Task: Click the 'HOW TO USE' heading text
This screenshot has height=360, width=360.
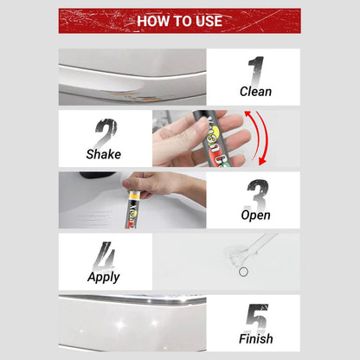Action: tap(179, 21)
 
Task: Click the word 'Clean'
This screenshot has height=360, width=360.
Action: tap(255, 92)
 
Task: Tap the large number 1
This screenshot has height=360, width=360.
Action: tap(256, 71)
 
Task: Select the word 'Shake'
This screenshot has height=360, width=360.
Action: tap(104, 154)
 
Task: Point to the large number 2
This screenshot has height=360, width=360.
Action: tap(106, 132)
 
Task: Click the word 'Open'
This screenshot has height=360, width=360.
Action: tap(255, 215)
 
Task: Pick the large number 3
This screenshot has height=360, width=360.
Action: tap(258, 195)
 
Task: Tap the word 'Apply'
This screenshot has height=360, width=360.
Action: tap(104, 277)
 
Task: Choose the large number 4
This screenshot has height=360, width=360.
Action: tap(105, 255)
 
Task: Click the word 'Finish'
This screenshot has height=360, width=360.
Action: tap(256, 338)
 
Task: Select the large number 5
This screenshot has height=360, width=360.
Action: tap(257, 318)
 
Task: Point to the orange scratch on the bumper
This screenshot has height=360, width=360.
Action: tap(136, 97)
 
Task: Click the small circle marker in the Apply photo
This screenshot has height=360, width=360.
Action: tap(243, 272)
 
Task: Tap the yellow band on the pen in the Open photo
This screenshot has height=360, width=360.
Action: tap(134, 196)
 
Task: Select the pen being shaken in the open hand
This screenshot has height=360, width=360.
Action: tap(215, 138)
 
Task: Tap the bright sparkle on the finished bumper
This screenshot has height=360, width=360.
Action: tap(119, 324)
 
